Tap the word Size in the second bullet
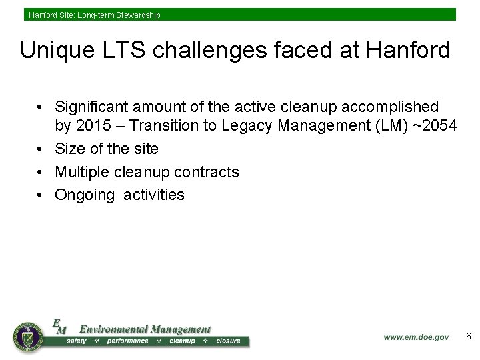click(x=70, y=149)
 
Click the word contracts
click(x=206, y=172)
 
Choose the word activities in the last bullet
click(x=154, y=195)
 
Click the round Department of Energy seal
click(x=27, y=337)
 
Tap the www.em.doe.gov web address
click(x=415, y=337)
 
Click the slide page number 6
click(x=468, y=337)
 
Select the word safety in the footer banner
click(x=77, y=341)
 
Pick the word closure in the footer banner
click(x=228, y=341)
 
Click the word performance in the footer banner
click(x=127, y=341)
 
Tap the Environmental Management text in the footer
click(x=145, y=329)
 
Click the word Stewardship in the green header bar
click(x=138, y=15)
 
